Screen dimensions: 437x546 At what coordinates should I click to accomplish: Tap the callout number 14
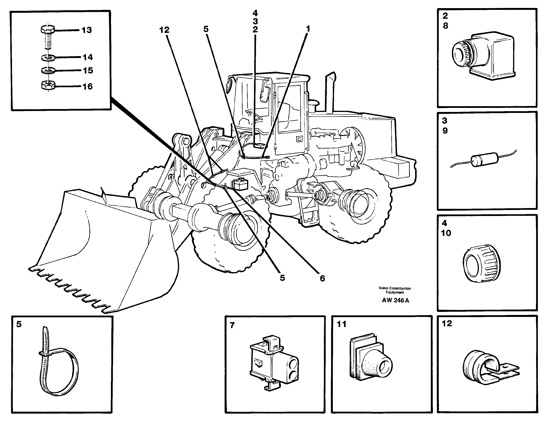(x=88, y=57)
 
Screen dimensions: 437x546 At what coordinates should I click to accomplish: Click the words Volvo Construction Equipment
(x=395, y=290)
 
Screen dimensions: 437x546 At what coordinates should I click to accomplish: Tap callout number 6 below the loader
(x=322, y=278)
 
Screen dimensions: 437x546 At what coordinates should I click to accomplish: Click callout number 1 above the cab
(x=308, y=29)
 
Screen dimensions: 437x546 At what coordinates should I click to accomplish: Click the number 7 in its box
(x=232, y=325)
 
